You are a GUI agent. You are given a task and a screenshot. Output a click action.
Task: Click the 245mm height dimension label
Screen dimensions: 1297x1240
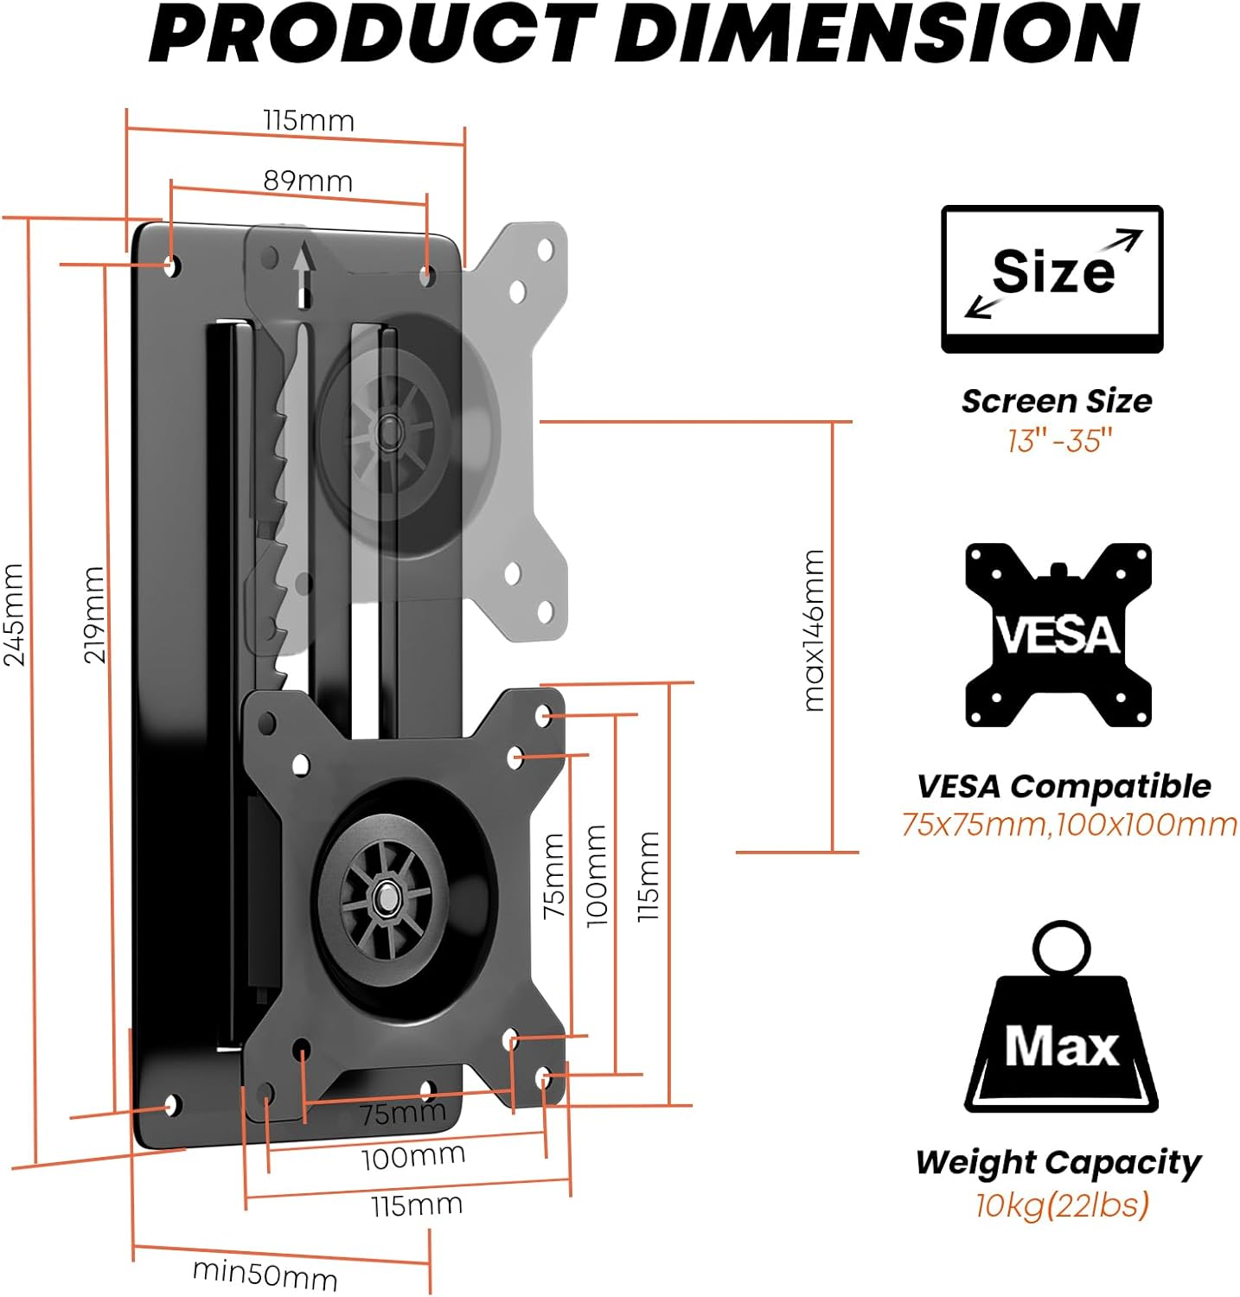[x=15, y=614]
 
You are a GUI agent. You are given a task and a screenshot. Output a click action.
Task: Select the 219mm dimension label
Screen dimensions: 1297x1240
[x=94, y=614]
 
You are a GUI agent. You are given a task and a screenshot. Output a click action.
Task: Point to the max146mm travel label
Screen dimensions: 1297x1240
[x=814, y=630]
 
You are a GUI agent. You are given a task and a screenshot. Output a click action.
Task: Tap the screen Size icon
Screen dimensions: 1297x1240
[x=1051, y=278]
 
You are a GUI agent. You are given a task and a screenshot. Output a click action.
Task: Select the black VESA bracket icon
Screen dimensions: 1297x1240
[x=1058, y=635]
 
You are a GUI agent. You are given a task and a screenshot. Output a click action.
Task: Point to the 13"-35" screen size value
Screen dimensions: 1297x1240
[x=1058, y=441]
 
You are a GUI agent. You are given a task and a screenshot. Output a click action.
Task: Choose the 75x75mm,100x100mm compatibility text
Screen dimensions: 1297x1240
[x=1069, y=824]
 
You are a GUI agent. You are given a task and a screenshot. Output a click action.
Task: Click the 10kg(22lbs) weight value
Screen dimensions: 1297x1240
[x=1062, y=1204]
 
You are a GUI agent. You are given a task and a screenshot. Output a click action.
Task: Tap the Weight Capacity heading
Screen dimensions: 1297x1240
[x=1058, y=1162]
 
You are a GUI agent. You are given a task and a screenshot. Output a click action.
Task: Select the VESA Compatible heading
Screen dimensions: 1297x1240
[x=1064, y=786]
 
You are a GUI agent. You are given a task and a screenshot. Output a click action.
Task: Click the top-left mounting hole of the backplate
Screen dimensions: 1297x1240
[x=171, y=264]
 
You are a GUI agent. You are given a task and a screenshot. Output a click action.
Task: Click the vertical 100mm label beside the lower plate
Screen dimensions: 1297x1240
[x=597, y=875]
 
